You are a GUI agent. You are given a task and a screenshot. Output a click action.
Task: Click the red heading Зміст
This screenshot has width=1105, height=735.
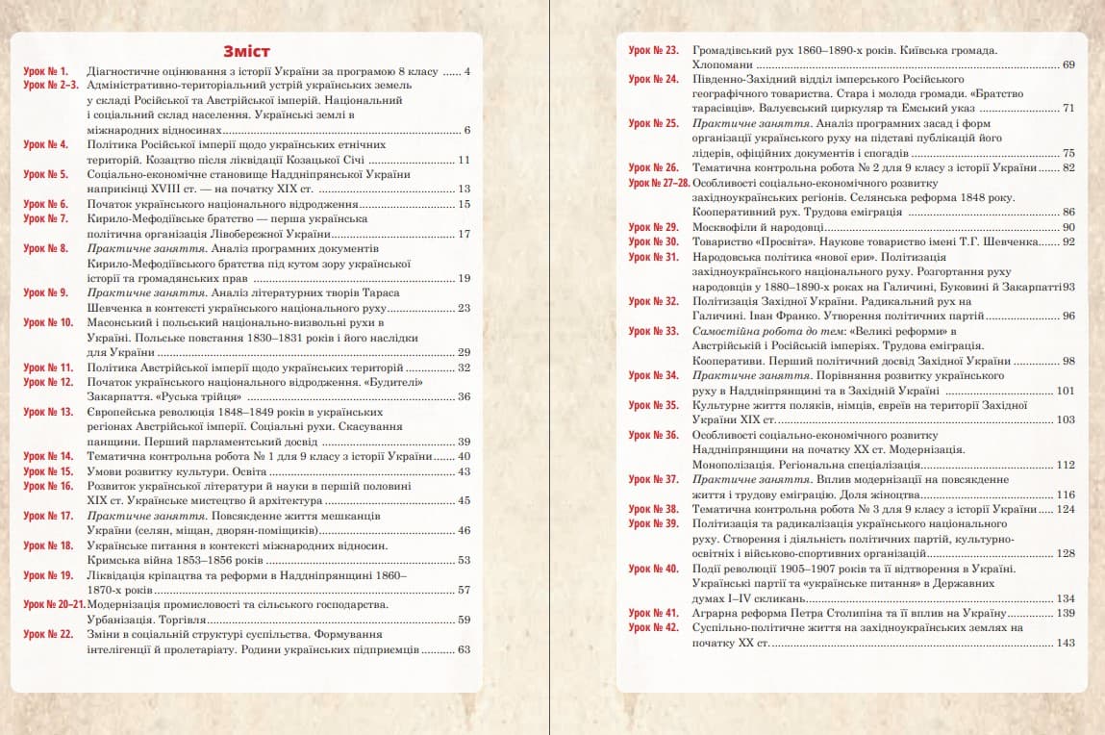246,51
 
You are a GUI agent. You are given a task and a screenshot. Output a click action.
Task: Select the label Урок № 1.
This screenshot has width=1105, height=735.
45,72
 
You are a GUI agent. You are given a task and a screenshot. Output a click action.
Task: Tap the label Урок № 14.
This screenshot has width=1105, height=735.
48,456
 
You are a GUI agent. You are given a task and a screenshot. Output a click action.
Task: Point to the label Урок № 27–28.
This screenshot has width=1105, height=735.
659,182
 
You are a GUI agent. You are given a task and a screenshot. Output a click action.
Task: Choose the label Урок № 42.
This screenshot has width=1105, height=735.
653,627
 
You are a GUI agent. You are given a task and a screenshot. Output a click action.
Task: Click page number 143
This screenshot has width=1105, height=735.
1065,643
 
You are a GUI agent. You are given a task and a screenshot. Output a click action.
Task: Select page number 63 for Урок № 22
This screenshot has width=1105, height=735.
464,650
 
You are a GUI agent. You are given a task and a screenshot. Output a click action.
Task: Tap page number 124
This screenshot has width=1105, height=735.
1065,509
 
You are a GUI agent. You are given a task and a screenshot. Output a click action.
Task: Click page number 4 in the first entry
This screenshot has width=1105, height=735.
466,72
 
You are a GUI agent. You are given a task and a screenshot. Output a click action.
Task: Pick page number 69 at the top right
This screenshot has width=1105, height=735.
1068,64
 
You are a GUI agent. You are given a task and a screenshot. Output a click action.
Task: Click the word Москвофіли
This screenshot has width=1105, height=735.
724,227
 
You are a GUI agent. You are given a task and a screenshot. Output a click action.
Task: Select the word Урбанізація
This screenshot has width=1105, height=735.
122,621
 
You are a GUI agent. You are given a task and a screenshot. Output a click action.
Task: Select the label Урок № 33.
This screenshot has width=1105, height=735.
653,331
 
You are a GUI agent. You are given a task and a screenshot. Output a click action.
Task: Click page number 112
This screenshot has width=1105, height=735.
1065,465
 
